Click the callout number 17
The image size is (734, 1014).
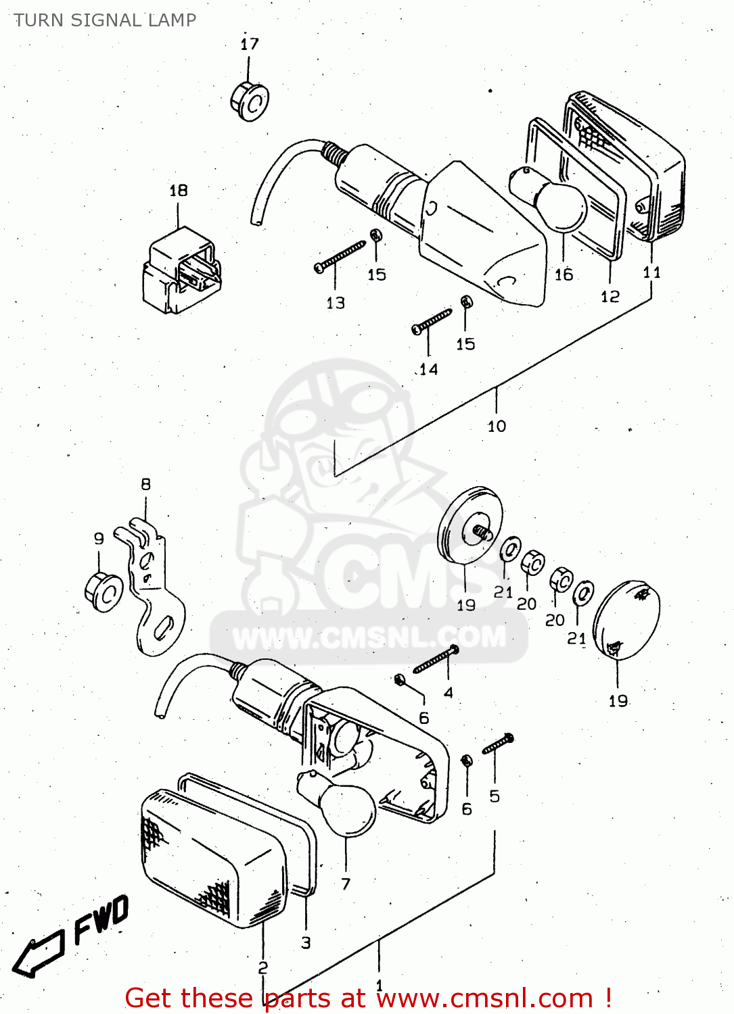coord(250,45)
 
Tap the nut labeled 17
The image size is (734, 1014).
coord(249,102)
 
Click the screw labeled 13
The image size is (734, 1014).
coord(340,257)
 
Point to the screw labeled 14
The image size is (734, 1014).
coord(432,321)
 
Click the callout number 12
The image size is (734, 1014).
coord(610,297)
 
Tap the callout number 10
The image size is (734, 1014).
coord(497,427)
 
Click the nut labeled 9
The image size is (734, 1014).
coord(104,592)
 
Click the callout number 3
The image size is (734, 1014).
coord(306,943)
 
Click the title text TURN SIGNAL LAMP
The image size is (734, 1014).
coord(105,20)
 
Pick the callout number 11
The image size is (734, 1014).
coord(651,272)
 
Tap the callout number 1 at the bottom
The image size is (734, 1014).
coord(379,986)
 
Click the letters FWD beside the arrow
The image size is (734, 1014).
coord(101,919)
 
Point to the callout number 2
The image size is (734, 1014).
coord(262,968)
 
